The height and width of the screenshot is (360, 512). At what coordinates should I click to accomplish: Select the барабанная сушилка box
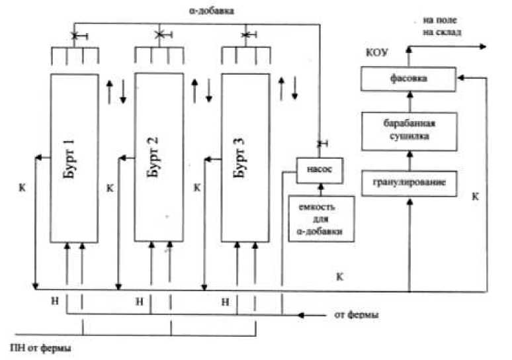[x=408, y=131]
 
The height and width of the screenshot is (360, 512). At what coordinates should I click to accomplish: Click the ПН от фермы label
[x=40, y=347]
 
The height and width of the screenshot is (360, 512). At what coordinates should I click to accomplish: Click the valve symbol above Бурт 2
[x=159, y=34]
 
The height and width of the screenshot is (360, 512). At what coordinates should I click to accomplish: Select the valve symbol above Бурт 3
[x=246, y=34]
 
